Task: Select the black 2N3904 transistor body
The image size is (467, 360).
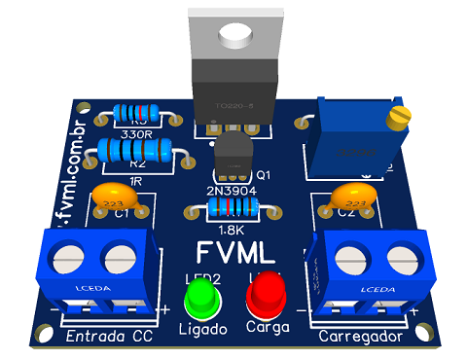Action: coord(232,156)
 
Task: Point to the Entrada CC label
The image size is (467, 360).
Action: coord(108,337)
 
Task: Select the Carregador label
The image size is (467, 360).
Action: coord(361,337)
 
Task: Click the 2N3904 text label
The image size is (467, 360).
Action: coord(225,190)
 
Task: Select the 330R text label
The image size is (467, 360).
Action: coord(136,133)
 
